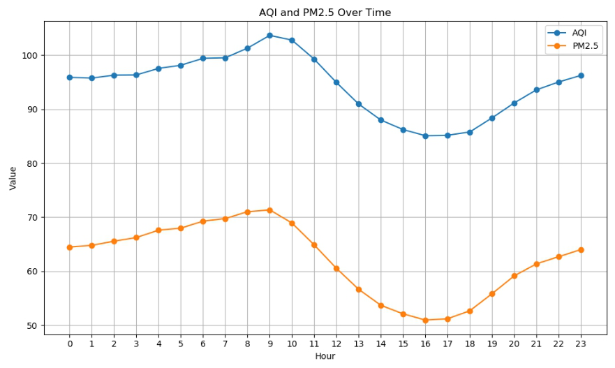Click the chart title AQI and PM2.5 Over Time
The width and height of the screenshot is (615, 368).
tap(325, 13)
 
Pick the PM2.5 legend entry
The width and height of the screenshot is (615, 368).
tap(586, 46)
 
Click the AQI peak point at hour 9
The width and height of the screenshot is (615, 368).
tap(269, 35)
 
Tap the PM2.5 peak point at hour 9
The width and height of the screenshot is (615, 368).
tap(269, 210)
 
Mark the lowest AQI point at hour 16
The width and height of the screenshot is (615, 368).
tap(425, 136)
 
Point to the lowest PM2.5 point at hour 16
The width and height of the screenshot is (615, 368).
tap(425, 321)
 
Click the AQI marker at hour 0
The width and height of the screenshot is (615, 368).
tap(70, 78)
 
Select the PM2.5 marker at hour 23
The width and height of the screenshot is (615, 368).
tap(581, 250)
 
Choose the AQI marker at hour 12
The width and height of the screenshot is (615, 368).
tap(336, 82)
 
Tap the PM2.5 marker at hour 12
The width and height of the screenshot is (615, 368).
tap(336, 269)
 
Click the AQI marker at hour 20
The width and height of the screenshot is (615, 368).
tap(514, 103)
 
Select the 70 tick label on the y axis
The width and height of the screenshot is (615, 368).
tap(34, 217)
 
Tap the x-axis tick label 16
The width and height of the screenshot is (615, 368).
tap(425, 343)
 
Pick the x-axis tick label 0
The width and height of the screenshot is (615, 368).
tap(70, 343)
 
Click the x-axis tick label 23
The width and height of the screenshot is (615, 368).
tap(581, 343)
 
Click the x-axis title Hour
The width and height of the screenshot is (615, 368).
tap(325, 356)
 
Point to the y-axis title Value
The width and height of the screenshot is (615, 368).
tap(13, 177)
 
